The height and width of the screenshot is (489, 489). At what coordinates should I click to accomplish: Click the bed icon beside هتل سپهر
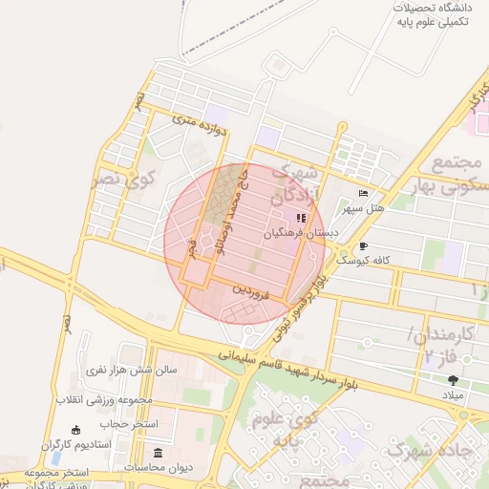tap(362, 193)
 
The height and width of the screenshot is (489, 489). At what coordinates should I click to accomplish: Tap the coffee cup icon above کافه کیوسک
tap(363, 246)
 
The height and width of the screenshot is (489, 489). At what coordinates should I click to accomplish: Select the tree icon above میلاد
tap(453, 380)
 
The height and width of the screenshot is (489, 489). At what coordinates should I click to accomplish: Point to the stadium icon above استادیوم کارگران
tap(76, 431)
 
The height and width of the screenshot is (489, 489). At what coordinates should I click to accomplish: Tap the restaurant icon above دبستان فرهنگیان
tap(302, 218)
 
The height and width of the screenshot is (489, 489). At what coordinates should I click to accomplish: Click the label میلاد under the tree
tap(453, 394)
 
